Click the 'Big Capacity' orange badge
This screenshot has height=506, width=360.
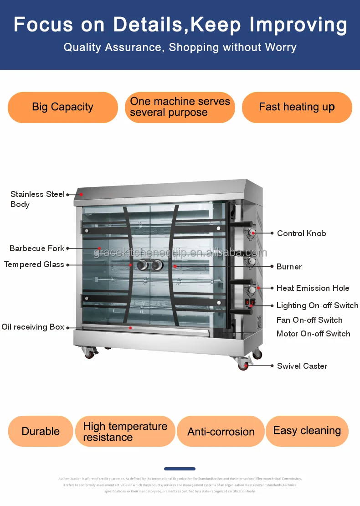63,107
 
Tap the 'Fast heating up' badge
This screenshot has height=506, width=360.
297,107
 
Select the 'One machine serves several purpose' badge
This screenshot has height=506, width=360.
180,107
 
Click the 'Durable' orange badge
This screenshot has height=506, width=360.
41,431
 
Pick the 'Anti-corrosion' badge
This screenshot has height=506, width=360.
221,432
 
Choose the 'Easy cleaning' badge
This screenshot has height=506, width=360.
307,431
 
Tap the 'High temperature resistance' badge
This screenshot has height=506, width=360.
125,432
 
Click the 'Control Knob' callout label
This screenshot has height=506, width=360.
301,233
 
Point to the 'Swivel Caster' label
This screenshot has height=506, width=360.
302,366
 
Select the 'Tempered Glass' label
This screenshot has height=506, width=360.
34,264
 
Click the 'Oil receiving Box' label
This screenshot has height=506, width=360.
33,327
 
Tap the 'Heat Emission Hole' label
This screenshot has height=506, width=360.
313,288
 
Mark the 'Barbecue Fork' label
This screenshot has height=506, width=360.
37,248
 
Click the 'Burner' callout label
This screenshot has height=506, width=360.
289,267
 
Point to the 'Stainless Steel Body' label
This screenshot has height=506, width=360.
37,199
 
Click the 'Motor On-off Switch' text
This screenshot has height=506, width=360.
313,334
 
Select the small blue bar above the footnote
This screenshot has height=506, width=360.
180,469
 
